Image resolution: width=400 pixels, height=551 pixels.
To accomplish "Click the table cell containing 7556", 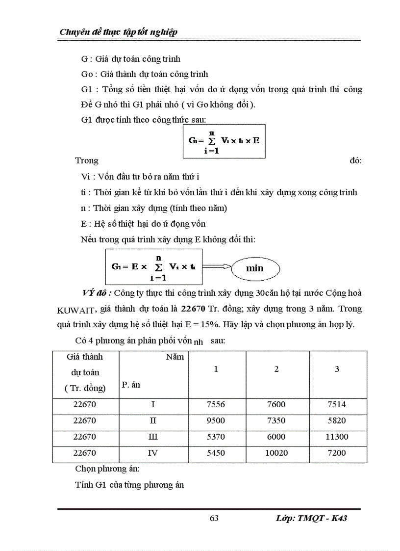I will [x=216, y=405].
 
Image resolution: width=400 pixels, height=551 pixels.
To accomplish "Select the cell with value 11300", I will [x=337, y=437].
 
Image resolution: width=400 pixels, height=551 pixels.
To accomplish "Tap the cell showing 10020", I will [x=276, y=453].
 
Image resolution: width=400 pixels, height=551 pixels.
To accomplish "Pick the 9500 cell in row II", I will [x=216, y=421].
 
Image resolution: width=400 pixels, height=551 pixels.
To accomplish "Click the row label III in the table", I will [x=153, y=437].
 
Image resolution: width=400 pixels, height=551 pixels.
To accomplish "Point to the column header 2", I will [x=276, y=369].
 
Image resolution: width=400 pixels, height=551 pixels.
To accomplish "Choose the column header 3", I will [x=337, y=369].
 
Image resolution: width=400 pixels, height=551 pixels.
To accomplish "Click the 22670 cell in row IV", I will [x=85, y=453].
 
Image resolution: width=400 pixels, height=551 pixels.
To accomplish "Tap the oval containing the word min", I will [x=254, y=268].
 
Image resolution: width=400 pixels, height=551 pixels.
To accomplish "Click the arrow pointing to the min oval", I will [x=216, y=266].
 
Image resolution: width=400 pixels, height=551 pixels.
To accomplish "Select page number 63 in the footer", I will [x=214, y=519].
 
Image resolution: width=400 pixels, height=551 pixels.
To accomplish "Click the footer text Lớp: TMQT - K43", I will [x=311, y=519].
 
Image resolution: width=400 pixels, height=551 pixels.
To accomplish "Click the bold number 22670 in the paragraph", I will [x=193, y=309].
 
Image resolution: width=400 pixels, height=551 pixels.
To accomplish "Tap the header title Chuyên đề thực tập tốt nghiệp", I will [x=118, y=32].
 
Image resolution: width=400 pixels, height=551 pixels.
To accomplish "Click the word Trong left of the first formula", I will [x=87, y=160].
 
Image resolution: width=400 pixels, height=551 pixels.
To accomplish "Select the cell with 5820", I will [x=337, y=421].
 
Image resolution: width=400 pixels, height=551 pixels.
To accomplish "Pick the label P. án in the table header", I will [x=131, y=385].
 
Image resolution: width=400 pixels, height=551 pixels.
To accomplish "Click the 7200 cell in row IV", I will [x=337, y=453].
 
